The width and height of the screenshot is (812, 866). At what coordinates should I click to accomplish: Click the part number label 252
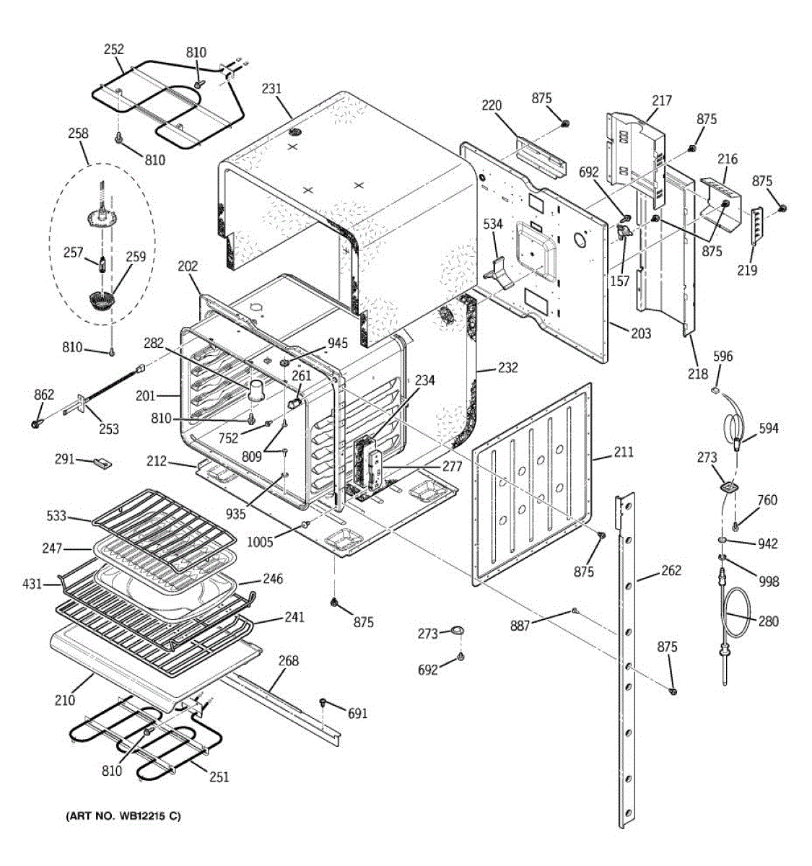114,50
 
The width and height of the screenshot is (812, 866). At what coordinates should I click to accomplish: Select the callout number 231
271,89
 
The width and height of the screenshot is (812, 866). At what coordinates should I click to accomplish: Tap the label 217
661,101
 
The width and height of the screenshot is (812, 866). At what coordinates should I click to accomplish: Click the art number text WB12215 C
123,816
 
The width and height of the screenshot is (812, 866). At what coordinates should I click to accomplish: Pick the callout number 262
671,570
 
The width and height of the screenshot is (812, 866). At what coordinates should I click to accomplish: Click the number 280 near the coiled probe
768,621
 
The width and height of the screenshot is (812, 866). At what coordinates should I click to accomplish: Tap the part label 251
219,777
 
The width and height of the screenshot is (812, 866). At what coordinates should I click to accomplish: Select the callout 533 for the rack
57,516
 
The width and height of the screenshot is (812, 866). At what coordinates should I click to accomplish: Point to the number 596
722,356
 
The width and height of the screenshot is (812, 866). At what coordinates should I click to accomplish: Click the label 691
357,714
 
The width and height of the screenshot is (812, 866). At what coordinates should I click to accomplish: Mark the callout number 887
520,626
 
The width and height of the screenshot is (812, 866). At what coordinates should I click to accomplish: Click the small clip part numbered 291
102,463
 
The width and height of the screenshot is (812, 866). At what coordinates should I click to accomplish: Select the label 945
338,344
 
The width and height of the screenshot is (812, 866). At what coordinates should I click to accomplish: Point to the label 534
493,224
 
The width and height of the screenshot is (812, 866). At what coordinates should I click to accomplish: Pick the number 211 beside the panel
624,452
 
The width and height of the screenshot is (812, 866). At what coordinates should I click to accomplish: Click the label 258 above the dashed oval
78,134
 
